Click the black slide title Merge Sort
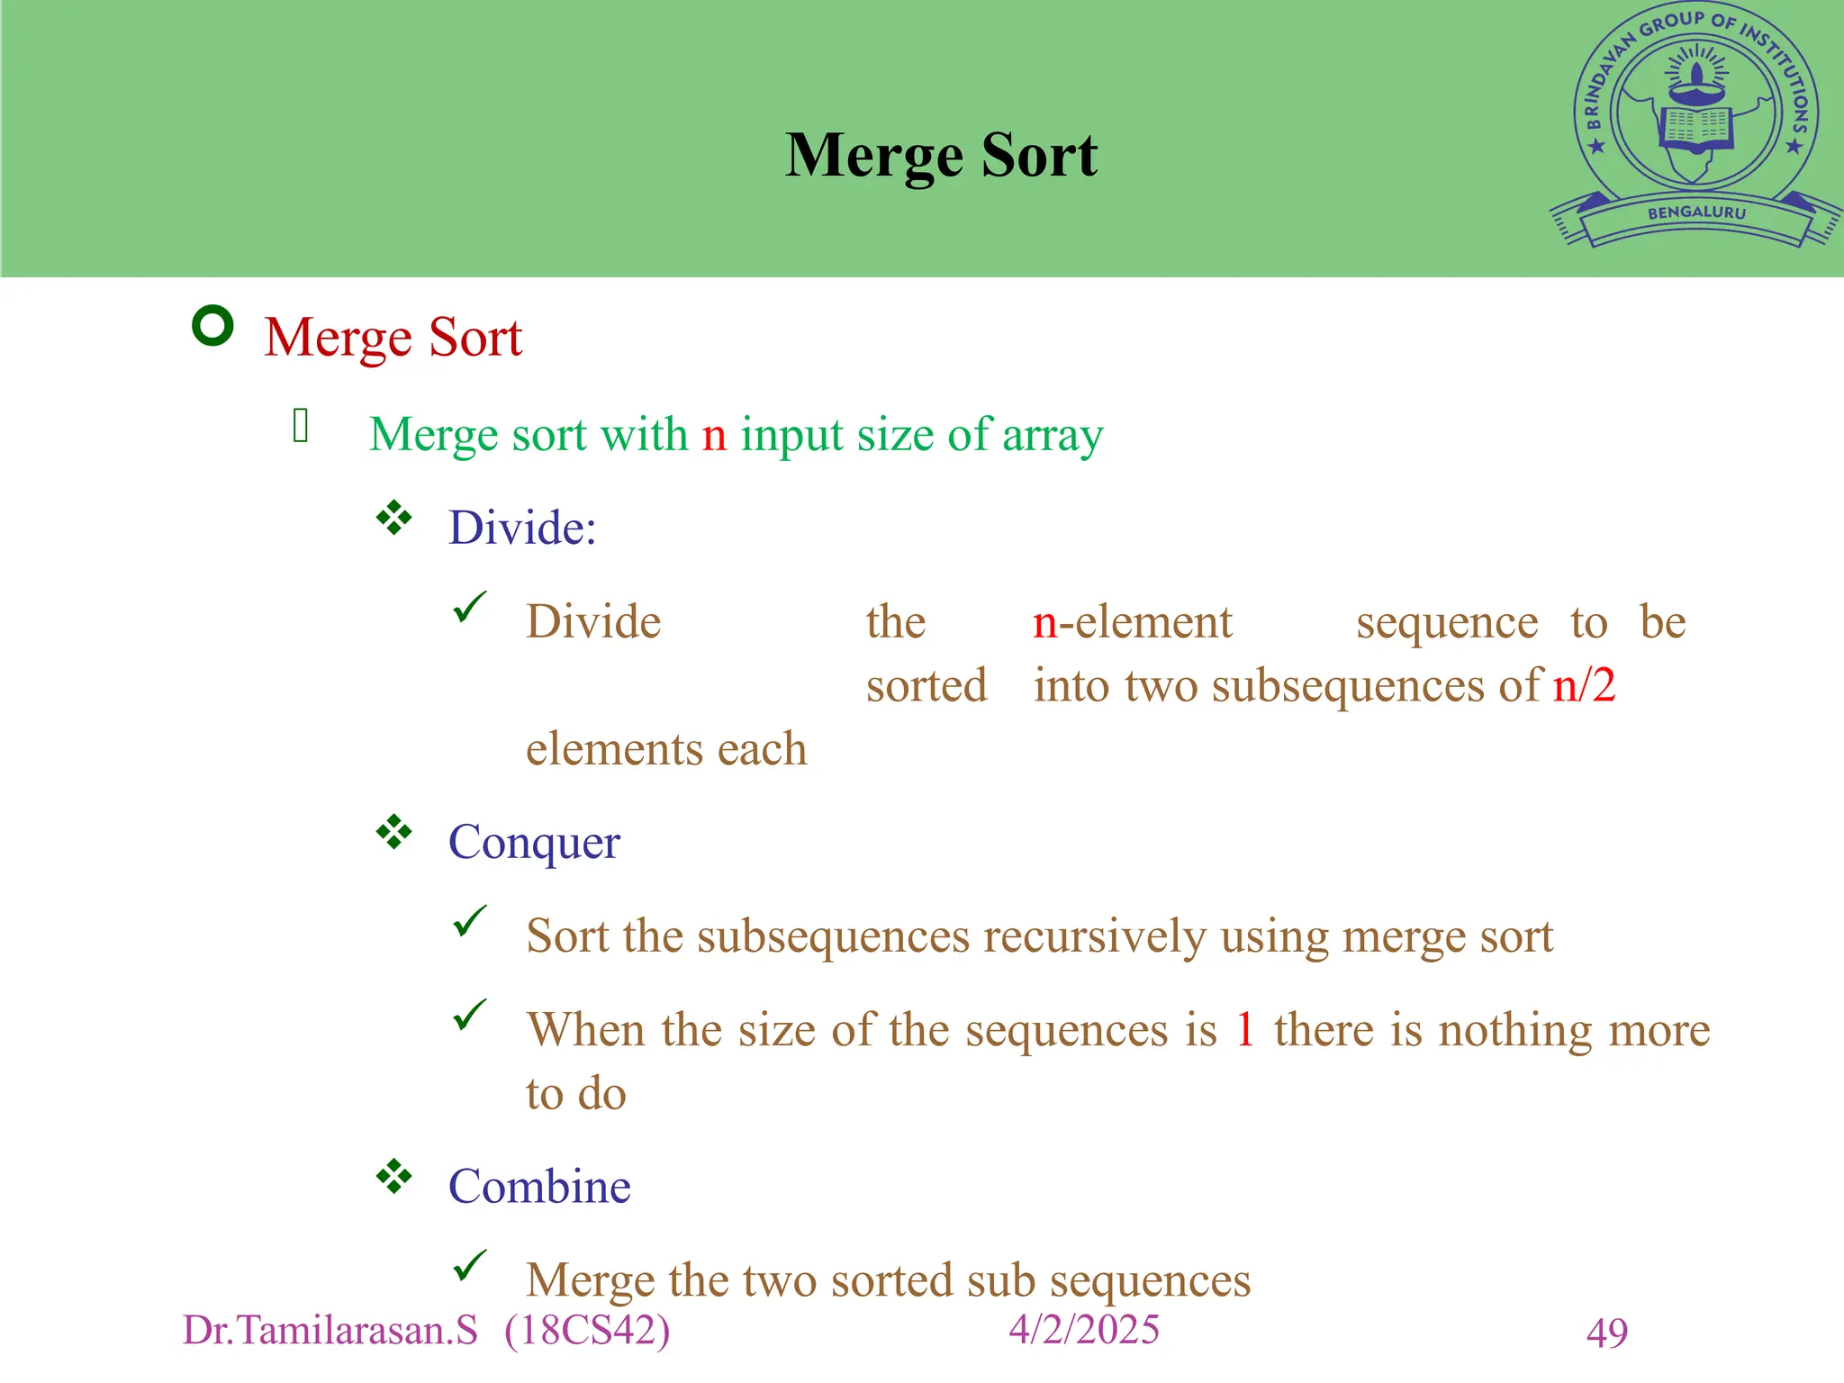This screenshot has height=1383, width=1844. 941,156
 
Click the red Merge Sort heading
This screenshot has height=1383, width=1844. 393,338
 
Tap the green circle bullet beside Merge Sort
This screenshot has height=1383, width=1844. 213,326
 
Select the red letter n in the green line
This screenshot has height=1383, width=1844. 714,435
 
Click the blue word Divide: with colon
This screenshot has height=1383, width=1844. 522,528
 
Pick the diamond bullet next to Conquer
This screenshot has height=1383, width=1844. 394,832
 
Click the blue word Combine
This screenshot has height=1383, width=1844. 539,1187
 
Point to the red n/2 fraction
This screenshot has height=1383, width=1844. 1584,686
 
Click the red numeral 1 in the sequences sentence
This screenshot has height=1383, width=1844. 1245,1030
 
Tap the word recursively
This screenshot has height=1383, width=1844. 1094,936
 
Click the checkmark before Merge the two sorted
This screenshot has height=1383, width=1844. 470,1266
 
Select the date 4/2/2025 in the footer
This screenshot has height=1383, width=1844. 1084,1330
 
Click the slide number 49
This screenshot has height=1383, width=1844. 1607,1333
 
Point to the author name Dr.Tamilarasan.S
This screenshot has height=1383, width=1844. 330,1331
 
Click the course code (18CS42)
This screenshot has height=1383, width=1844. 587,1331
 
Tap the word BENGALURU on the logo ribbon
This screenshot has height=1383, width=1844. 1696,213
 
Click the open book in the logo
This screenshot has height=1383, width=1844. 1696,127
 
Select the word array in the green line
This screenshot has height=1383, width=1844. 1053,435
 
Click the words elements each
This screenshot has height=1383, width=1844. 666,749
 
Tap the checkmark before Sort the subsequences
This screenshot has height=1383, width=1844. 470,922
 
